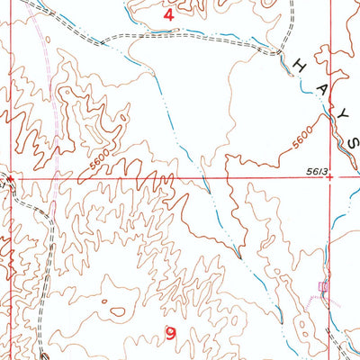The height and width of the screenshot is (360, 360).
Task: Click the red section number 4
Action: pos(166,15)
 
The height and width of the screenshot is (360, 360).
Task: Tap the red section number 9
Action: pos(171,334)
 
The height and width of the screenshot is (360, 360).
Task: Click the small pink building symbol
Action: pos(324,286)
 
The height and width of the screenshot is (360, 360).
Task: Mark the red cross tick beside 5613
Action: pos(331,177)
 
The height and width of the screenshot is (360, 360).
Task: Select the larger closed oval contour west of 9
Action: pos(117,312)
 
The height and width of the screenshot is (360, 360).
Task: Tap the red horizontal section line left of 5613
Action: pos(180,177)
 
